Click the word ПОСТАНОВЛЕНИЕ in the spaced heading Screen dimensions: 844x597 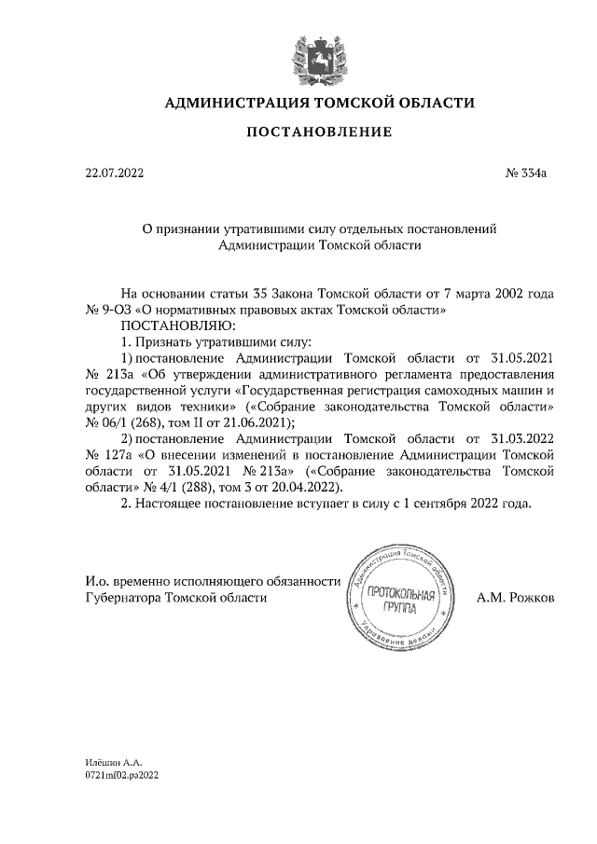click(x=319, y=133)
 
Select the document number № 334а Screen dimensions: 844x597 click(x=532, y=173)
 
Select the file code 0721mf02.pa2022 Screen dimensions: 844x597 click(x=122, y=776)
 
